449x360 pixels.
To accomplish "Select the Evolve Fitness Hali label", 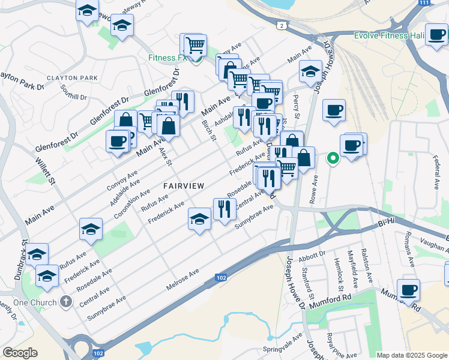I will click(389, 35).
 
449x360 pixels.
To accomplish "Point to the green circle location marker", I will click(332, 158).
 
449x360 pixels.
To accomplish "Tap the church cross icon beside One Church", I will click(65, 303).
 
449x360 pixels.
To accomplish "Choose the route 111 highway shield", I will click(424, 3).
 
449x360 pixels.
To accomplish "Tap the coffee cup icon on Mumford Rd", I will click(408, 290).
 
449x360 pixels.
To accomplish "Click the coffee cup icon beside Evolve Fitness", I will click(436, 35).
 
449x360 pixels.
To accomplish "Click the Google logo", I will click(20, 352).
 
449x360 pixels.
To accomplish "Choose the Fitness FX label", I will click(168, 59).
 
